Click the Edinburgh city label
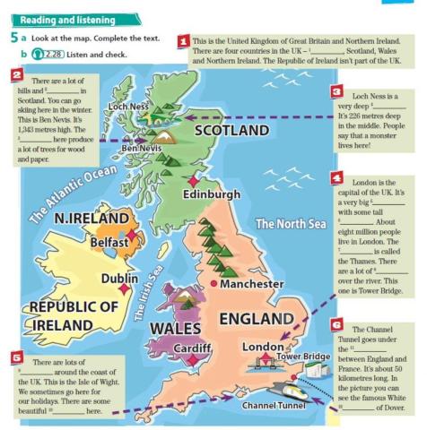(212, 194)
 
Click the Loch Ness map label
(126, 107)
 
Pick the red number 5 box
(15, 356)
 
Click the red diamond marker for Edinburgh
(192, 179)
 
